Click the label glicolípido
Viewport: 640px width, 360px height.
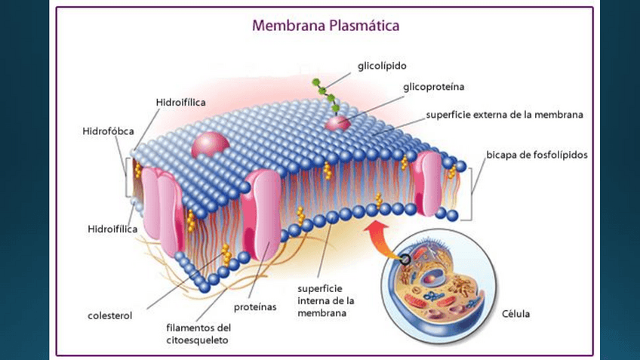382,66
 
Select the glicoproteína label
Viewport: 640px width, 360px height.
433,88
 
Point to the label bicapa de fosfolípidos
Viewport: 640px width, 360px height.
537,155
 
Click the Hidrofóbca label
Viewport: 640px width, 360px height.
108,131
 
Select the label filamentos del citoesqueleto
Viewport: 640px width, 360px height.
198,334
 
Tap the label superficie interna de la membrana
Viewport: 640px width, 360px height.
321,300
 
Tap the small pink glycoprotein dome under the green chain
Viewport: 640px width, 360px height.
338,122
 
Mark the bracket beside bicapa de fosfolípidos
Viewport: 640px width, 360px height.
472,193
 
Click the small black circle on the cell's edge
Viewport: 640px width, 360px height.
407,260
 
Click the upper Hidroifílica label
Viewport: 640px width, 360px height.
181,102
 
